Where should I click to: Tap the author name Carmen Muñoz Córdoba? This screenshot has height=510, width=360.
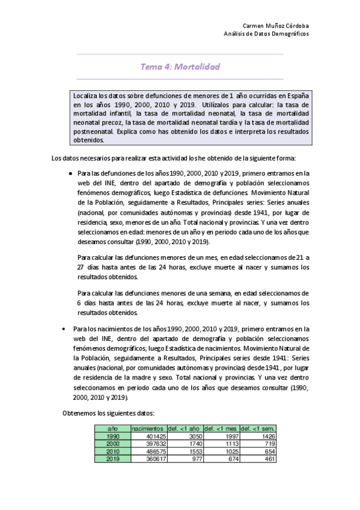[275, 27]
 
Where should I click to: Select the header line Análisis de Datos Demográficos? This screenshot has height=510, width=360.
[266, 34]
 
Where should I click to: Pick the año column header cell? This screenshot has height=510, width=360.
[112, 428]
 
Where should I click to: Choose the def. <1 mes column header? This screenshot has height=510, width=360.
[221, 428]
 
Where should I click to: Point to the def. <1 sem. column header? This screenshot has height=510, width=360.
[258, 428]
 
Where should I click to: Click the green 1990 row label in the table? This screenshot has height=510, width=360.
[112, 435]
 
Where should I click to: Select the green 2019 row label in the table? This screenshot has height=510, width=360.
[112, 458]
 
